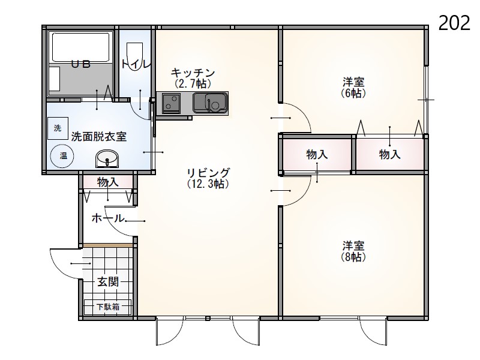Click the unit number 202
click(x=454, y=23)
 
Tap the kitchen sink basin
click(x=210, y=103)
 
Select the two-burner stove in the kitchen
click(x=172, y=103)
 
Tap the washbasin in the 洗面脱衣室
click(x=107, y=159)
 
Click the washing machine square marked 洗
click(x=58, y=128)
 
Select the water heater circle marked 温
click(x=63, y=156)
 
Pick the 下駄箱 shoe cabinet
click(x=108, y=307)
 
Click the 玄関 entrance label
click(x=108, y=281)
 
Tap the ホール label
click(x=108, y=218)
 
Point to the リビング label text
click(x=208, y=173)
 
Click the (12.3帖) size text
click(x=208, y=184)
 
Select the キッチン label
click(x=193, y=73)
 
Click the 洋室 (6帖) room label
click(x=353, y=88)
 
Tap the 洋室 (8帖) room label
click(x=353, y=251)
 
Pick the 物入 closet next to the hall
click(x=108, y=182)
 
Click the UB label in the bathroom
click(x=81, y=64)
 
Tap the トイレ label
click(x=136, y=64)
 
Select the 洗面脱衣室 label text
click(x=99, y=137)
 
